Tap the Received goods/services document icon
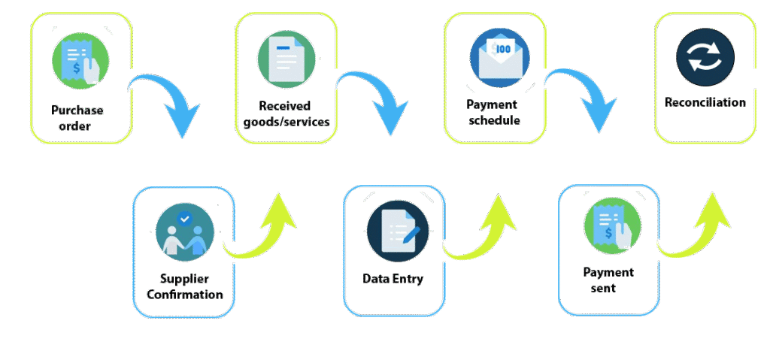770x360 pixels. point(286,61)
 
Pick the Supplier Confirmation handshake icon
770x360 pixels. point(185,231)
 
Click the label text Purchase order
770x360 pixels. point(77,118)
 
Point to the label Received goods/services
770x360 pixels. point(286,113)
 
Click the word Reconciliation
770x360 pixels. point(705,102)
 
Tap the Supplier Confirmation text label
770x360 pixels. point(185,287)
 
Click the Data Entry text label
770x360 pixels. point(393,279)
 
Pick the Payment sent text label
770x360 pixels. point(608,280)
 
